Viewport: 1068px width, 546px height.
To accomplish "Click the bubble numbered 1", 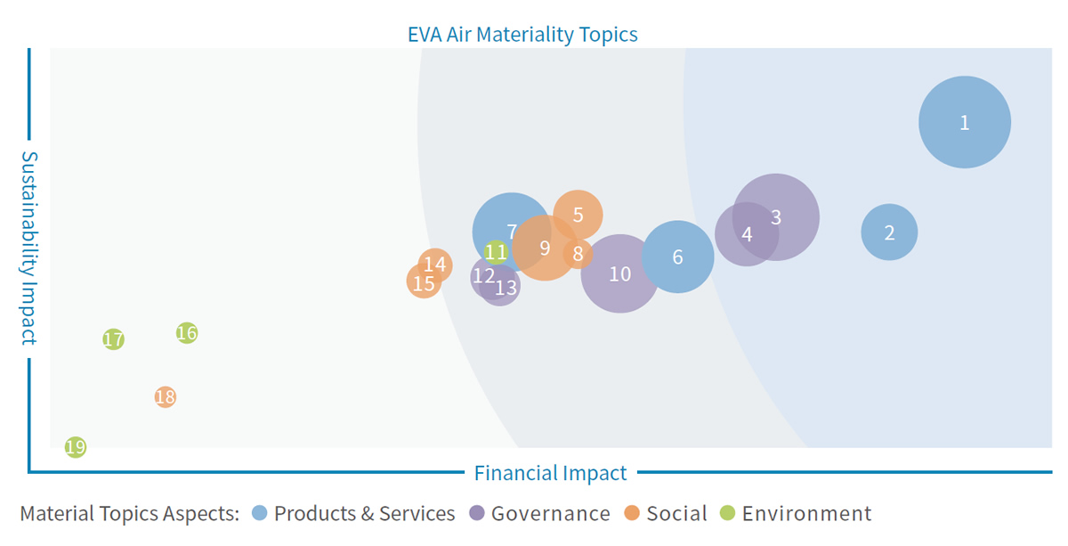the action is (x=965, y=122).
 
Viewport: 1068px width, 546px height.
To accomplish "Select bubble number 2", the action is (x=889, y=232).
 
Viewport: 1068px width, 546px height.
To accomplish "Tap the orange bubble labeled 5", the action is (x=578, y=215).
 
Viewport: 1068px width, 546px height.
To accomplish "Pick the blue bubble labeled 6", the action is (x=677, y=257).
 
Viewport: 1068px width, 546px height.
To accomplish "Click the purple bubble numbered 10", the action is (x=619, y=273).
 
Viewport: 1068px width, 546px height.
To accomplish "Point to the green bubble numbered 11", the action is (x=496, y=252).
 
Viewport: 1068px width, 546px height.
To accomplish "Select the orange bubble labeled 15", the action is (x=424, y=281).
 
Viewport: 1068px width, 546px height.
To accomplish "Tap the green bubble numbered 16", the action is (x=187, y=332).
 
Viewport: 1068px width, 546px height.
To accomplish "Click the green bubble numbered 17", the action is (x=114, y=339).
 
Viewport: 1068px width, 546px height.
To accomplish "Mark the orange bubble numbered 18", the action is (x=166, y=396).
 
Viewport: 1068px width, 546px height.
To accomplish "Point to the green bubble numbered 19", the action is (x=76, y=447).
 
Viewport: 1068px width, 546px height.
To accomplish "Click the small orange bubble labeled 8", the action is (x=578, y=254).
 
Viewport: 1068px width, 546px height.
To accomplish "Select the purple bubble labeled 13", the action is (x=499, y=285).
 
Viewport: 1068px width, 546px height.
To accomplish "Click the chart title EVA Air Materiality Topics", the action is (x=522, y=35).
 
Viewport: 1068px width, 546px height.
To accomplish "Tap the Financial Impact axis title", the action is (x=550, y=473).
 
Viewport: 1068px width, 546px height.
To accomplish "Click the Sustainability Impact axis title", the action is (x=29, y=249).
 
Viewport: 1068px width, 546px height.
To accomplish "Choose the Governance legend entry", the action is (x=539, y=514).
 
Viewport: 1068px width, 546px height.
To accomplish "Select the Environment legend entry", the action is (x=796, y=514).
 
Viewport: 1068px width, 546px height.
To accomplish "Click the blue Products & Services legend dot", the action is (x=259, y=513).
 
